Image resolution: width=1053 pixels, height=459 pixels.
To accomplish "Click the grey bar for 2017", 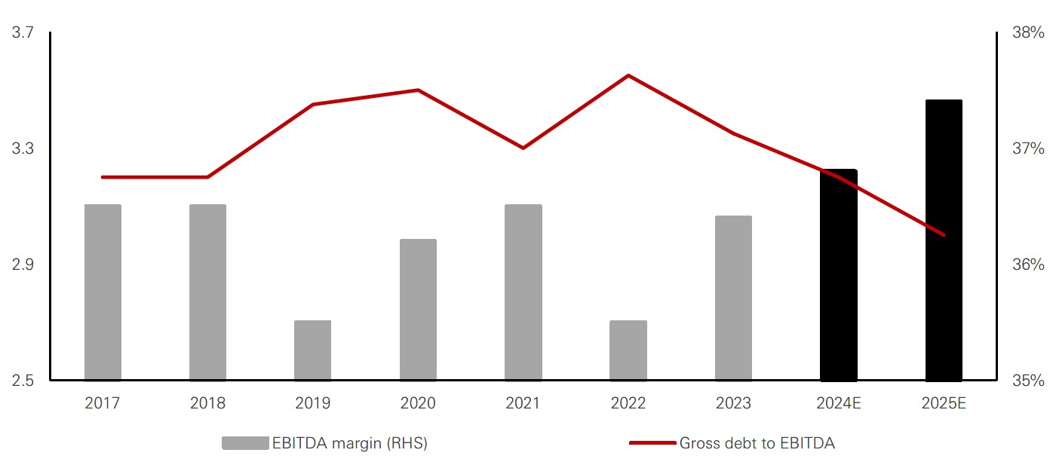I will pyautogui.click(x=103, y=292).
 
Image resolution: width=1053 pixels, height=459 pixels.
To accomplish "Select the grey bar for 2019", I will pyautogui.click(x=313, y=350).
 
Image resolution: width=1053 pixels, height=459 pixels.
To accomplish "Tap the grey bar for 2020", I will pyautogui.click(x=418, y=310).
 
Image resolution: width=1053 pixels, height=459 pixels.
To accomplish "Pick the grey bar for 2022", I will pyautogui.click(x=628, y=350).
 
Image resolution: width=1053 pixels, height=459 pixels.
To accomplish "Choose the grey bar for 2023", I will pyautogui.click(x=733, y=298).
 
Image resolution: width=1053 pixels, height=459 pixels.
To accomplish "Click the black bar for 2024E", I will pyautogui.click(x=839, y=275).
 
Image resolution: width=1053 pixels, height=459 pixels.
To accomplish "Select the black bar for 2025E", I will pyautogui.click(x=944, y=240).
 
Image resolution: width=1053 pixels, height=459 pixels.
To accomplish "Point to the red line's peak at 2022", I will pyautogui.click(x=628, y=75).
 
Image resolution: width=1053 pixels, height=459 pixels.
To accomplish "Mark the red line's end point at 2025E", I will pyautogui.click(x=944, y=235).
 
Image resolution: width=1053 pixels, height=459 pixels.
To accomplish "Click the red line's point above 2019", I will pyautogui.click(x=313, y=104).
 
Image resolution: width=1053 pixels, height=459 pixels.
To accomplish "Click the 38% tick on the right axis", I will pyautogui.click(x=1028, y=32).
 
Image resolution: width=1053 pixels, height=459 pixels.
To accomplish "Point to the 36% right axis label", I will pyautogui.click(x=1028, y=265).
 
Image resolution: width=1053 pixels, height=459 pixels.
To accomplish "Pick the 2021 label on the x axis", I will pyautogui.click(x=523, y=403).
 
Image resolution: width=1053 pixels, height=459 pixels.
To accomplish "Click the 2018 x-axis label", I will pyautogui.click(x=207, y=403).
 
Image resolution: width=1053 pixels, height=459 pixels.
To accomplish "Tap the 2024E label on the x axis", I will pyautogui.click(x=839, y=403).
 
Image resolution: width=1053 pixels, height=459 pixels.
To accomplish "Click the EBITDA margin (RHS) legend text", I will pyautogui.click(x=349, y=443).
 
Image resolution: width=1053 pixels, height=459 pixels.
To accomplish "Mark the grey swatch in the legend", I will pyautogui.click(x=244, y=443).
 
